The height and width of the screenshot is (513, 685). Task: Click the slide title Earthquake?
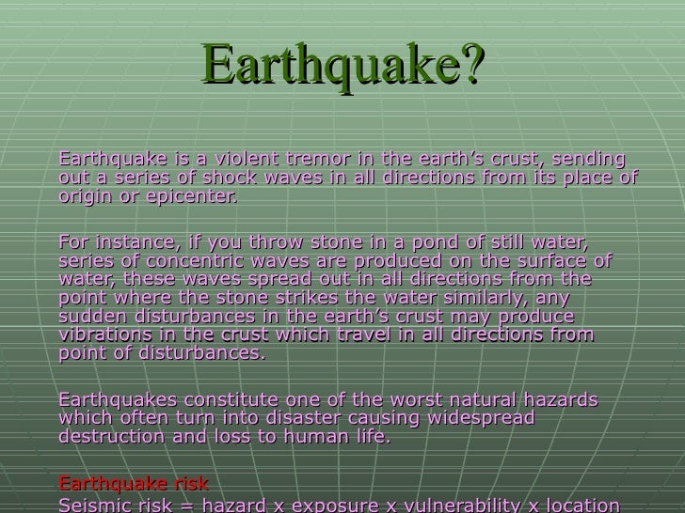coord(342,67)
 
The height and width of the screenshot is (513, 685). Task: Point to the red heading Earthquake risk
coord(134,485)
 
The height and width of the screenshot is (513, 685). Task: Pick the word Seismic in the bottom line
coord(91,505)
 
